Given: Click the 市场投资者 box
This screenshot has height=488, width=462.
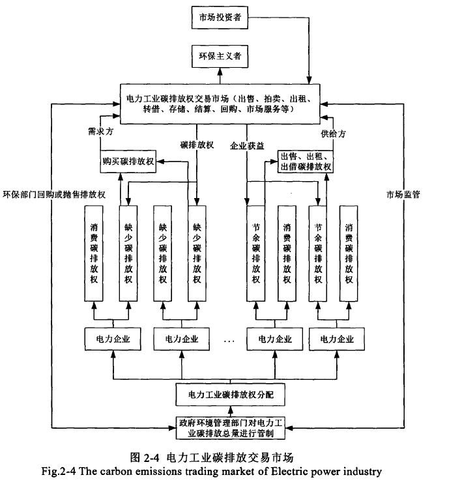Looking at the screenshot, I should (x=220, y=18).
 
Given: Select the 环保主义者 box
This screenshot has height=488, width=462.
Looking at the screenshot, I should (x=220, y=57).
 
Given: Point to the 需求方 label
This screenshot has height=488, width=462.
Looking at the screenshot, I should (x=101, y=131).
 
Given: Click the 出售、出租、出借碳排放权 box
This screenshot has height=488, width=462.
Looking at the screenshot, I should (x=306, y=161).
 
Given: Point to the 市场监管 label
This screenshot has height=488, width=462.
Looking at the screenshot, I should (x=401, y=194).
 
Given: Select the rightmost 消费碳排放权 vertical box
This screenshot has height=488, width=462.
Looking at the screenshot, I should (x=349, y=253).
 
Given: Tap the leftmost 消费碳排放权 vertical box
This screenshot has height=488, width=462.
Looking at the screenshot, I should (x=93, y=253).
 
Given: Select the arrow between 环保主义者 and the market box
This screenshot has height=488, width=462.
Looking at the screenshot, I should (x=220, y=76).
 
